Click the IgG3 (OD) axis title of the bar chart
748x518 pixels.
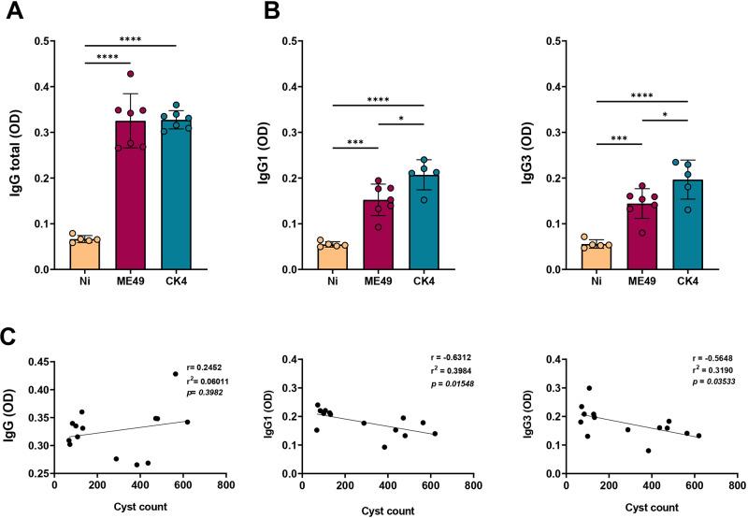click(x=531, y=155)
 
